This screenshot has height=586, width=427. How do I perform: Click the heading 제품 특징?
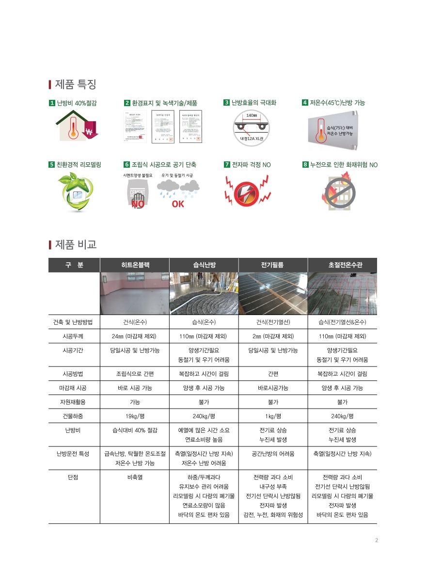[76, 84]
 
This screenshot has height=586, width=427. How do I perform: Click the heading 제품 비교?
[76, 244]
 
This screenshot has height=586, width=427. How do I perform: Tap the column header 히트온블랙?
[135, 265]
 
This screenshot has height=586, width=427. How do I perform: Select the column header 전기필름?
[272, 265]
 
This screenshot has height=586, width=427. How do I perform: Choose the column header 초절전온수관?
[342, 265]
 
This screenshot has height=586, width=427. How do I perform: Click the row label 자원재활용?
[74, 402]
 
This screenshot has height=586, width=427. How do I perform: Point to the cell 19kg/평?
[135, 416]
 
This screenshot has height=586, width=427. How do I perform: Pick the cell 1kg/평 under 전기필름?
[272, 416]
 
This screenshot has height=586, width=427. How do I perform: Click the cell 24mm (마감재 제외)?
[135, 336]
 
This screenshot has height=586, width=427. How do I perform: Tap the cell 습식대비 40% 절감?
[135, 430]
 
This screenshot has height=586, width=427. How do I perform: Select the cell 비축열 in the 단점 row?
[135, 477]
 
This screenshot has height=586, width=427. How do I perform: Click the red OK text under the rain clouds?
[178, 204]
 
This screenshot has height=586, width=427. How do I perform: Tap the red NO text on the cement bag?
[138, 204]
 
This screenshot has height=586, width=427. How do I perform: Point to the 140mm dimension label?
[252, 115]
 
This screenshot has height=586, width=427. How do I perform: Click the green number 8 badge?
[305, 165]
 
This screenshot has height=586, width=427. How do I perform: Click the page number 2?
[377, 540]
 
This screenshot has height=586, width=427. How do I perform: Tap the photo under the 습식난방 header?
[204, 294]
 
